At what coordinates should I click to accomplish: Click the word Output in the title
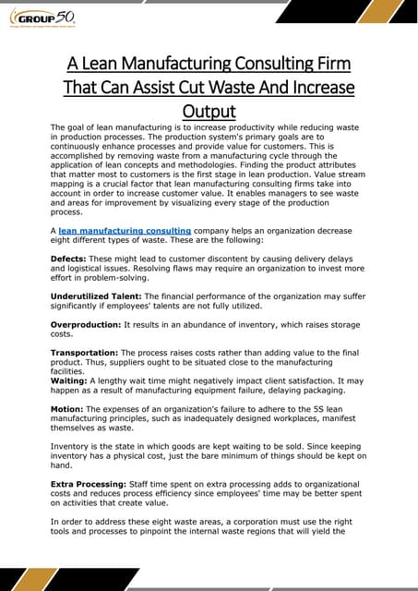(209, 111)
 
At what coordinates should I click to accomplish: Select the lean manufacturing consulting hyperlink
(125, 229)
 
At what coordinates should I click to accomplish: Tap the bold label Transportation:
(84, 353)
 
